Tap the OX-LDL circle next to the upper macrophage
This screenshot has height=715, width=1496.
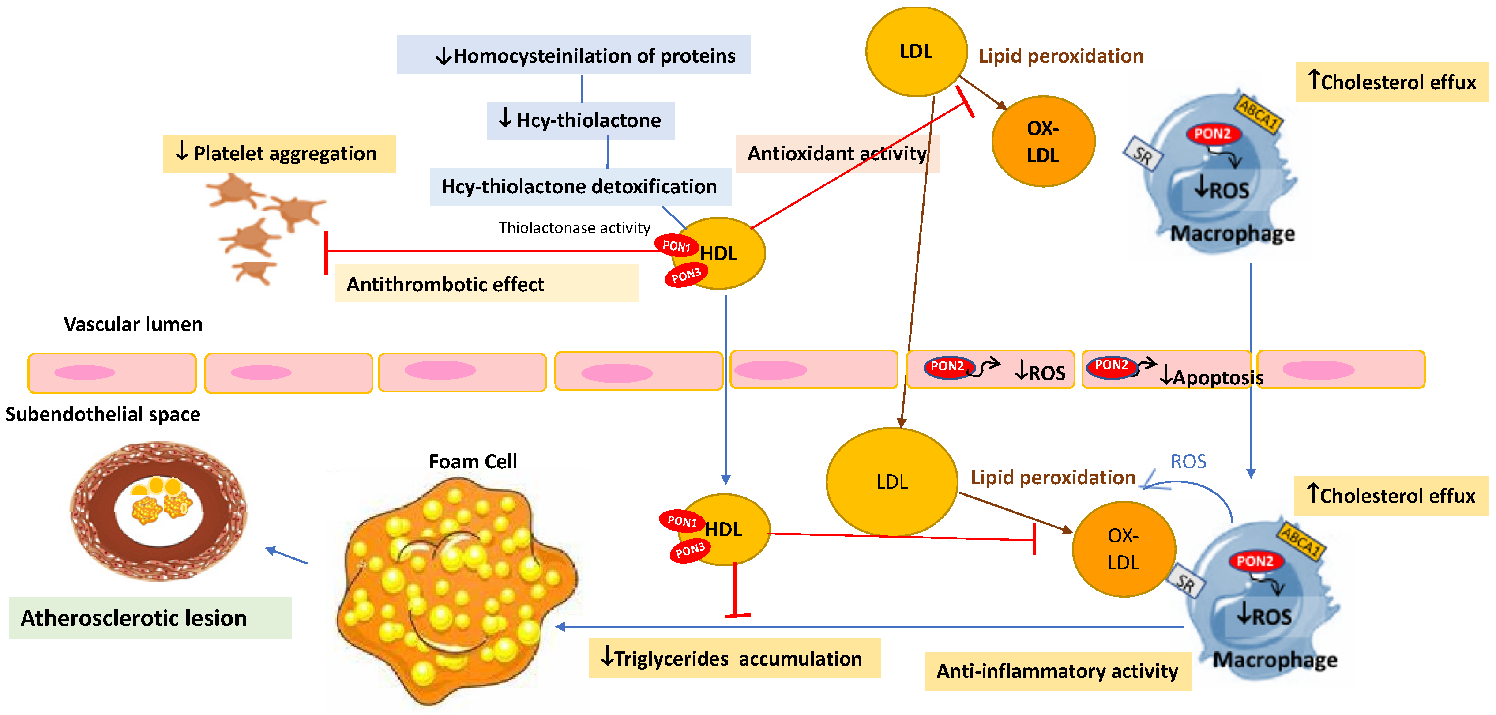1043,142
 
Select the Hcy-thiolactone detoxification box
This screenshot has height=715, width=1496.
579,186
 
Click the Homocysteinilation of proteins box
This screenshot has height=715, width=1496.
573,55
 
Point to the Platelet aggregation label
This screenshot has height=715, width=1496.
279,153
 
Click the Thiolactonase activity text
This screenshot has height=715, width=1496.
574,228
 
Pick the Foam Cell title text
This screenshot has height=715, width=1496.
473,461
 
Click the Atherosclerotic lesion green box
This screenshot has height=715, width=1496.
150,618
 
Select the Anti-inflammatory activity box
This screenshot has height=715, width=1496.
1057,671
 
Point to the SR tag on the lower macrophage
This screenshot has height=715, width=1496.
1186,583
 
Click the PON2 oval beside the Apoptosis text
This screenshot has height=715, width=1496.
1111,366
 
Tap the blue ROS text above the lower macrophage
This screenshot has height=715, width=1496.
1188,462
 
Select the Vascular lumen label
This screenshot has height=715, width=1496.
133,324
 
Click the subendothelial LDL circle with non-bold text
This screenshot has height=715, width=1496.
891,482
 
